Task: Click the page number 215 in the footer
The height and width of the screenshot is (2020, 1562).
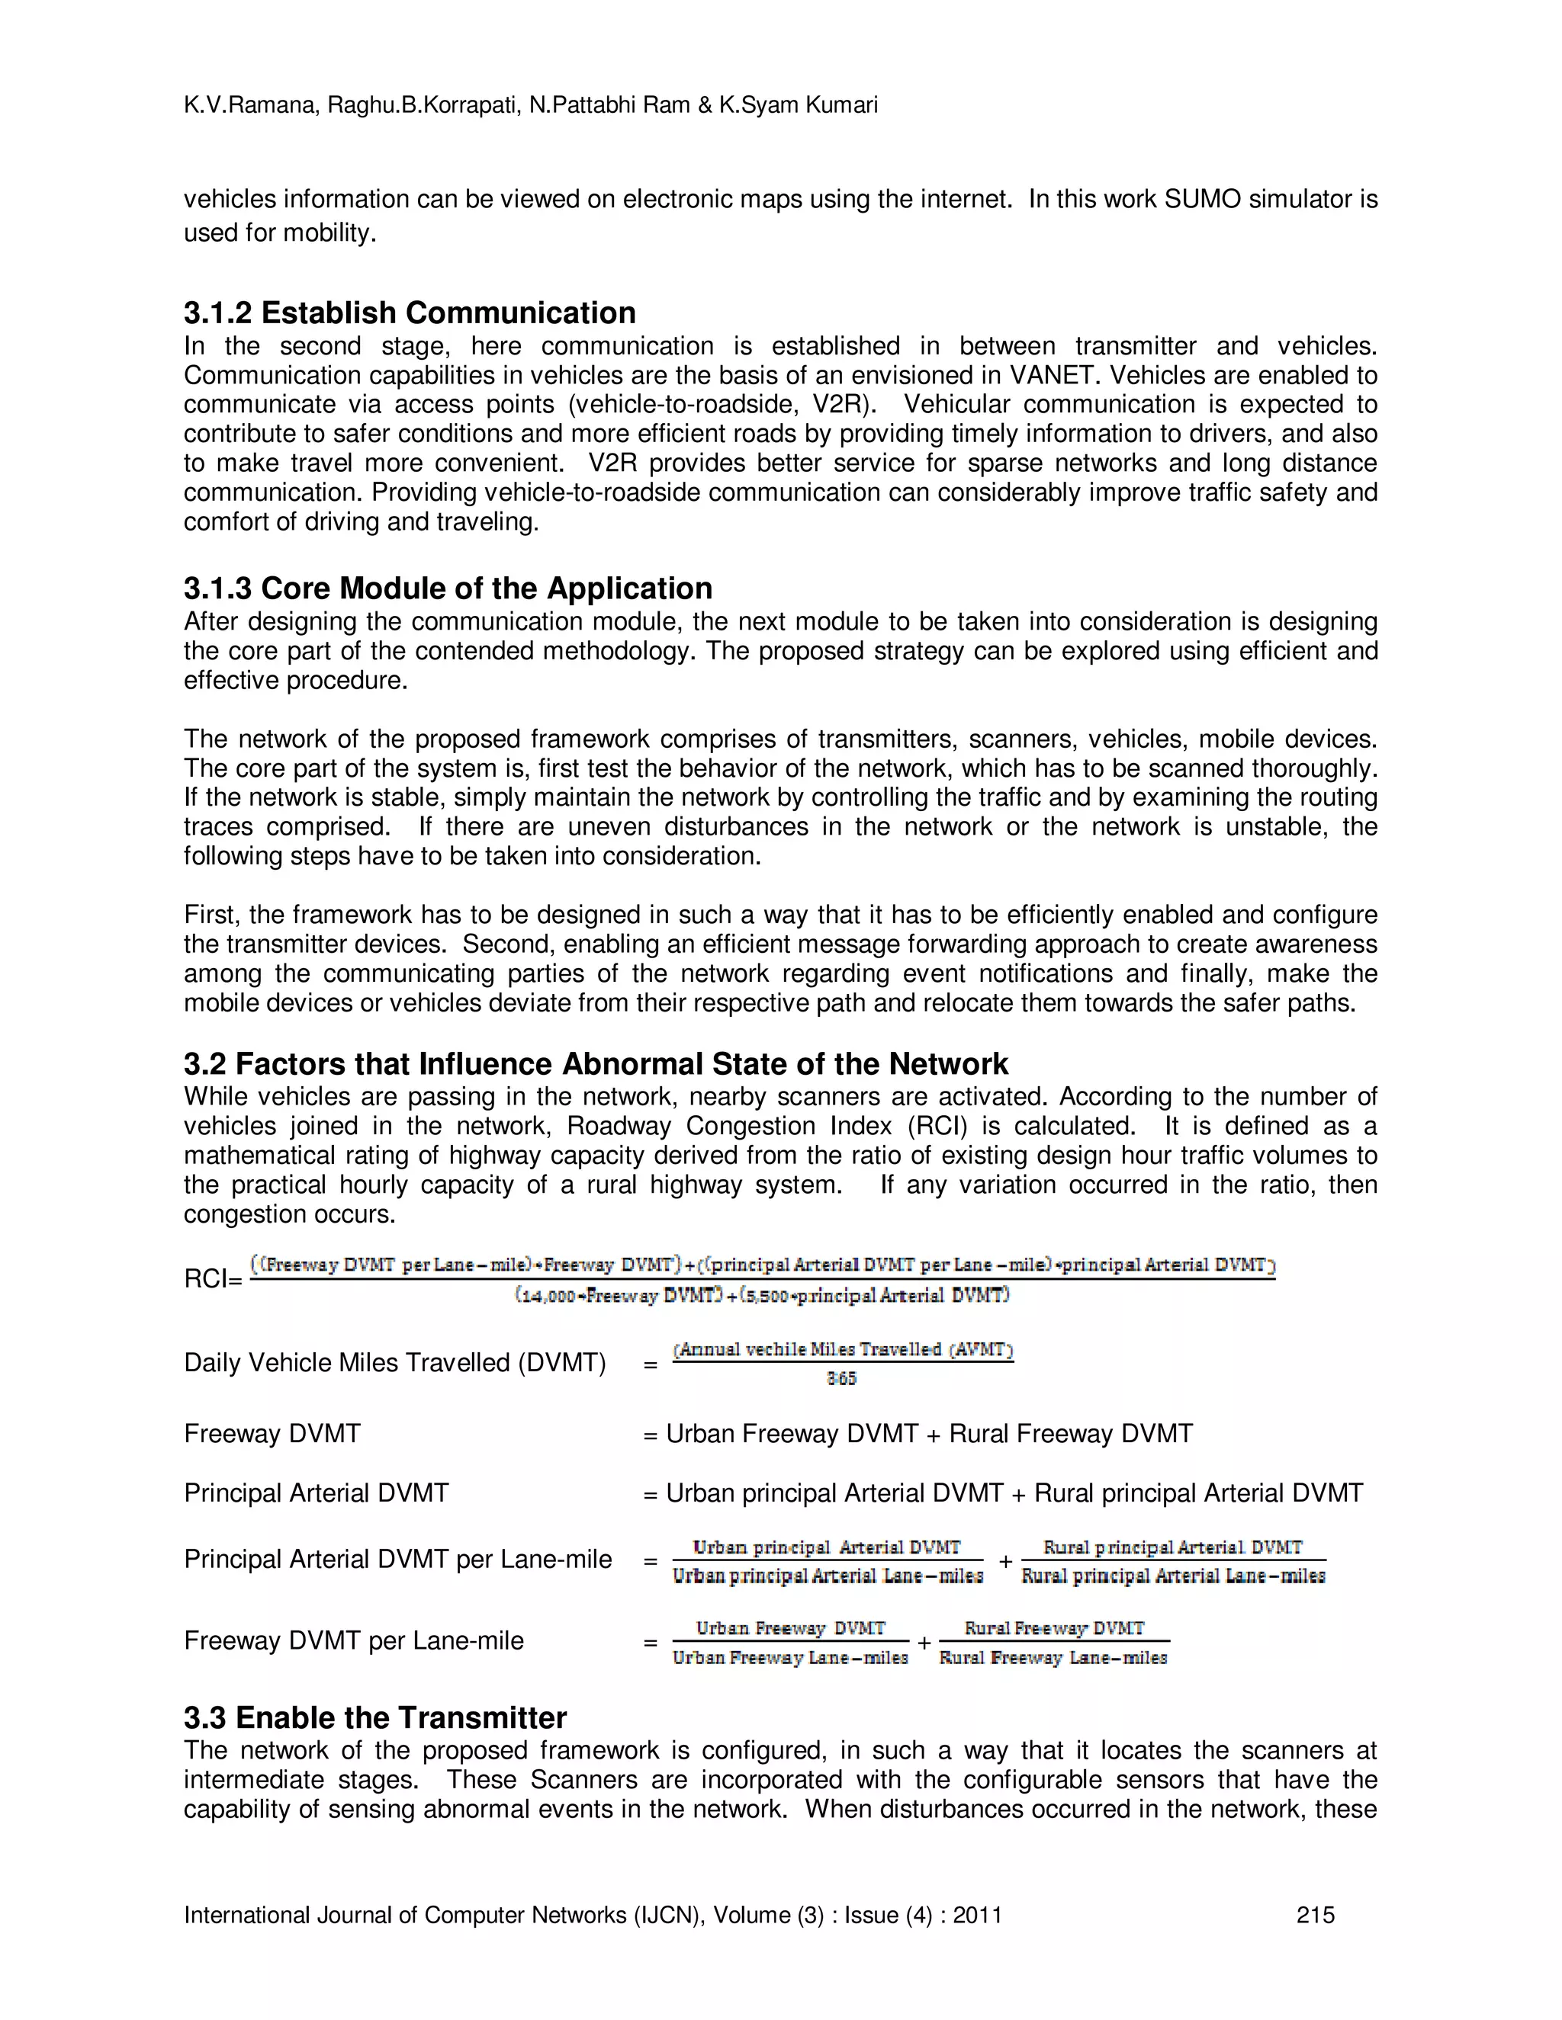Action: coord(1315,1916)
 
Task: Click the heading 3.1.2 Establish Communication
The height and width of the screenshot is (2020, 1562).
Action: coord(409,313)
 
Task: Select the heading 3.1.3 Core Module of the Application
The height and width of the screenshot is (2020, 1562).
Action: coord(448,588)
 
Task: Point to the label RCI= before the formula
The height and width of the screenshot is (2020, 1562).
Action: coord(213,1279)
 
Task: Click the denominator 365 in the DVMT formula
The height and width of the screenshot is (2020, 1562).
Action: coord(841,1379)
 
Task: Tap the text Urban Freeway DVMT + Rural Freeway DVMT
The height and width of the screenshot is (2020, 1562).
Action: coord(929,1435)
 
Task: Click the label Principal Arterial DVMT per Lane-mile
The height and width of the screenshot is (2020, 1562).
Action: coord(398,1560)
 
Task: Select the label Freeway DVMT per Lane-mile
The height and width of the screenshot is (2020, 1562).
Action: coord(353,1641)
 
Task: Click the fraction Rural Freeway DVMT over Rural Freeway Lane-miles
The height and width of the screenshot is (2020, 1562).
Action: coord(1053,1643)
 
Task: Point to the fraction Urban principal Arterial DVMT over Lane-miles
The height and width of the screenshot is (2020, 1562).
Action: coord(828,1561)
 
